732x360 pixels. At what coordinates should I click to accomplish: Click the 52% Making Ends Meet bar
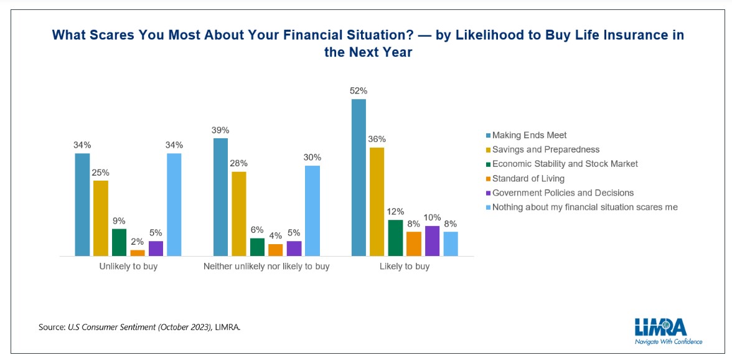click(359, 178)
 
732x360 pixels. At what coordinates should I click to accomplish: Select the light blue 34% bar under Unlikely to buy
click(174, 204)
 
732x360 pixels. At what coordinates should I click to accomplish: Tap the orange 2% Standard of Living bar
click(138, 253)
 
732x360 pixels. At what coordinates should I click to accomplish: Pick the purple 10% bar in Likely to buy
click(433, 241)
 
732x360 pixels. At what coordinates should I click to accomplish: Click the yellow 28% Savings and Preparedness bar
click(239, 214)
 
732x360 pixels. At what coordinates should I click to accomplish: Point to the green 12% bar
click(395, 238)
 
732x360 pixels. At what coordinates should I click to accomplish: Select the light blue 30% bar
click(312, 211)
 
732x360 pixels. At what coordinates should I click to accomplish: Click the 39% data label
click(220, 130)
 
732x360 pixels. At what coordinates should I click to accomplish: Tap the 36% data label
click(377, 139)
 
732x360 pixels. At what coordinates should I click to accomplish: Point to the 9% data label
click(119, 220)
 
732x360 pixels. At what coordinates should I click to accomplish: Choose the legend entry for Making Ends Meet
click(529, 135)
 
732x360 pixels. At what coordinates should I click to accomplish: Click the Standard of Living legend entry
click(528, 178)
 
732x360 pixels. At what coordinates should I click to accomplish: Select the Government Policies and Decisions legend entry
click(563, 192)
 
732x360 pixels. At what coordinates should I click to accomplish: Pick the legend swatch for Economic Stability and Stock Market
click(487, 164)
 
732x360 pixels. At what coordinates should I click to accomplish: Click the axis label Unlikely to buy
click(128, 267)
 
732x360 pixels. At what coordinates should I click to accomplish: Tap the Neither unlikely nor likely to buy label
click(266, 267)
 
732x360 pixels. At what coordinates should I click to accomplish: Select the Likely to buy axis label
click(405, 267)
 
